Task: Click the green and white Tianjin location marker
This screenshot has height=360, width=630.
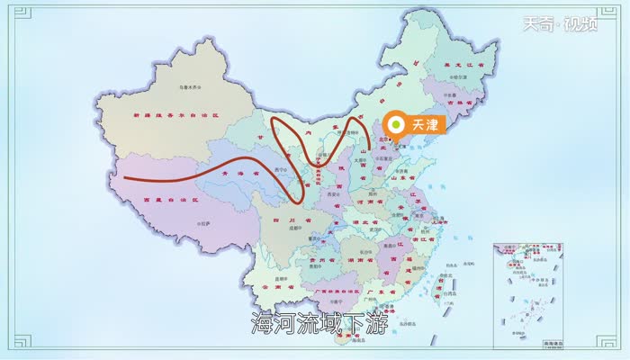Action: (x=394, y=125)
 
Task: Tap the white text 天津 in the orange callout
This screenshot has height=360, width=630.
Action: (x=421, y=125)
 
